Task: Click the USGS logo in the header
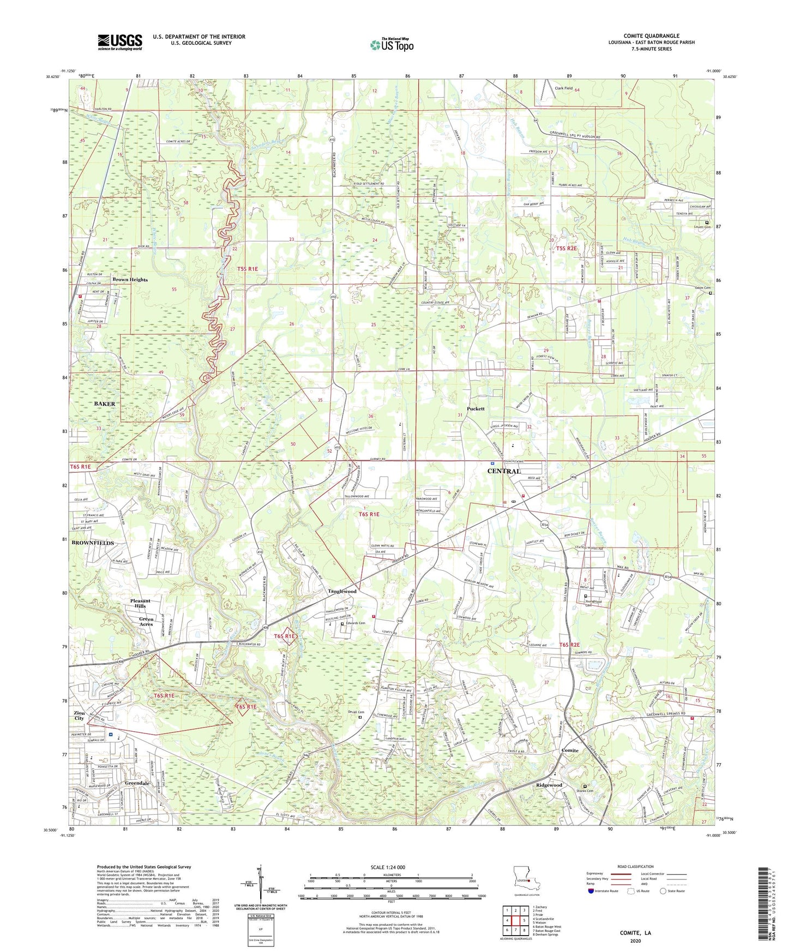120,42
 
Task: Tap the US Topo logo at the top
391,45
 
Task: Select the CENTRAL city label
503,471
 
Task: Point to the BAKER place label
104,404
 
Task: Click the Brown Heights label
130,280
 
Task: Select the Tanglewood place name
342,591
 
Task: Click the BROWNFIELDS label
93,543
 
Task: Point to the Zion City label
79,715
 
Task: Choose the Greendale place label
137,783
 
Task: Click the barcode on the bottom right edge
768,905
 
